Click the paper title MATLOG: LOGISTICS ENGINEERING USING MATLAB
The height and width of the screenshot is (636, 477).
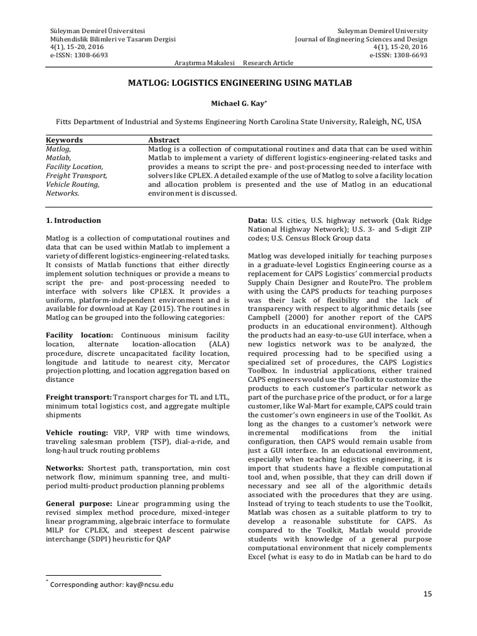pos(239,82)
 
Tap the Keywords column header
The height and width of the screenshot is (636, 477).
pos(65,140)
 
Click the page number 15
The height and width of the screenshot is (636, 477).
pos(427,594)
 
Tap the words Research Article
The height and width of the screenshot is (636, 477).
pos(268,63)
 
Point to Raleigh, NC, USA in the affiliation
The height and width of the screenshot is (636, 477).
pos(385,122)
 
